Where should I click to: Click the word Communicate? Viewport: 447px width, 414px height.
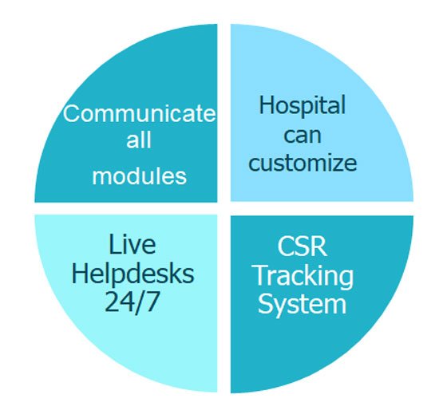tap(139, 113)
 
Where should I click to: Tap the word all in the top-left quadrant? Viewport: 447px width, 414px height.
tap(139, 140)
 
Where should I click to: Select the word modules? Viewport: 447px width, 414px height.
tap(139, 175)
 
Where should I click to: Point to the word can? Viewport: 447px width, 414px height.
tap(303, 136)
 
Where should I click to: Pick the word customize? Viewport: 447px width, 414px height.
tap(303, 163)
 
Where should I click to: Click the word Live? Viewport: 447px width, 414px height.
tap(133, 244)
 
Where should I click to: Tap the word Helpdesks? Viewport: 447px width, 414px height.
tap(133, 273)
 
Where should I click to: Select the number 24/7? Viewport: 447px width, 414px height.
tap(132, 302)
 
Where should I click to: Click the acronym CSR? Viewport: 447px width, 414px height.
tap(303, 246)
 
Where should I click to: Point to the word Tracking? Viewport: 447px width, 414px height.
tap(303, 276)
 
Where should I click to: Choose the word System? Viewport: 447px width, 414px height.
tap(303, 304)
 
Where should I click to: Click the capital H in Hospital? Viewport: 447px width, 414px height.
tap(267, 104)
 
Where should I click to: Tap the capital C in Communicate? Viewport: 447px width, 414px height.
tap(71, 113)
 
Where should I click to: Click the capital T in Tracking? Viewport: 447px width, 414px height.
tap(262, 274)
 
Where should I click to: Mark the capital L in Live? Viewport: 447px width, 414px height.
tap(115, 244)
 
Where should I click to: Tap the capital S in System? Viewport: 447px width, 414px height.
tap(266, 303)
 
